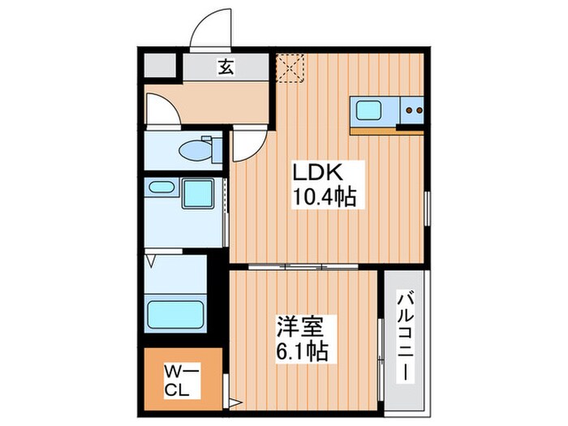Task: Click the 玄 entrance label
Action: point(225,68)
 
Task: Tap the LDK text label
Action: point(321,173)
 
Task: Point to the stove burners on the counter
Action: point(413,109)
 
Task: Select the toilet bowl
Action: point(195,151)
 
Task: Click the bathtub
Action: point(174,312)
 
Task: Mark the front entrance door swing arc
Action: point(209,29)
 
